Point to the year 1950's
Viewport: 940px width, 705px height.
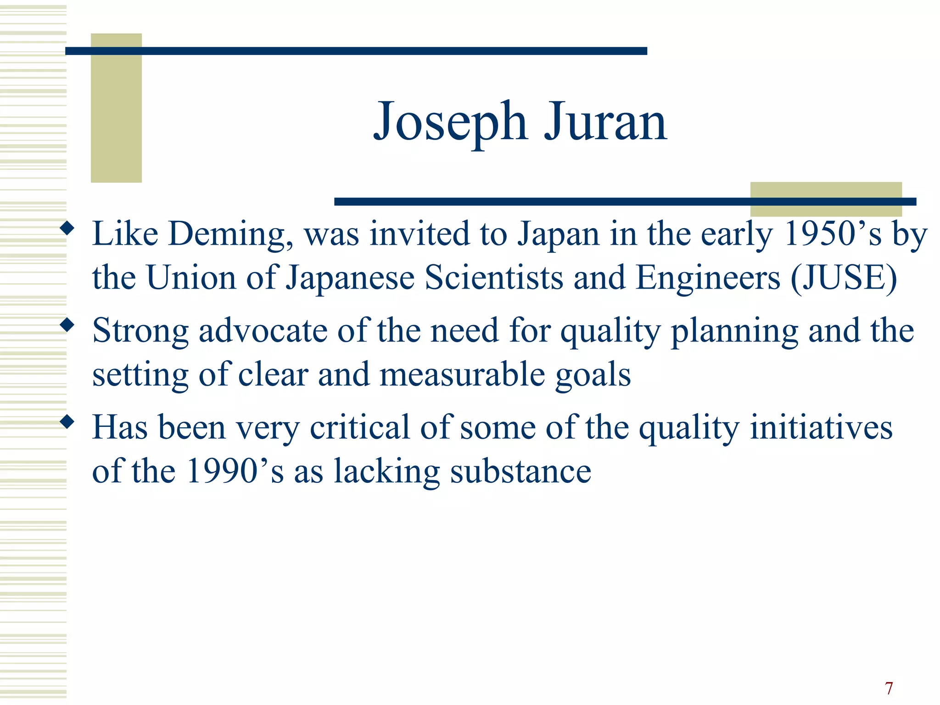pyautogui.click(x=833, y=234)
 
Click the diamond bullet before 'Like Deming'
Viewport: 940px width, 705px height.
pyautogui.click(x=67, y=228)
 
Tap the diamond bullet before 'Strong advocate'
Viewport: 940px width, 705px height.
pyautogui.click(x=67, y=325)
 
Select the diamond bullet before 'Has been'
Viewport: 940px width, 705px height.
pyautogui.click(x=67, y=422)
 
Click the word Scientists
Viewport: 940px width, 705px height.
pyautogui.click(x=494, y=278)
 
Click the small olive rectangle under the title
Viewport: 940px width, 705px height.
pyautogui.click(x=826, y=199)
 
